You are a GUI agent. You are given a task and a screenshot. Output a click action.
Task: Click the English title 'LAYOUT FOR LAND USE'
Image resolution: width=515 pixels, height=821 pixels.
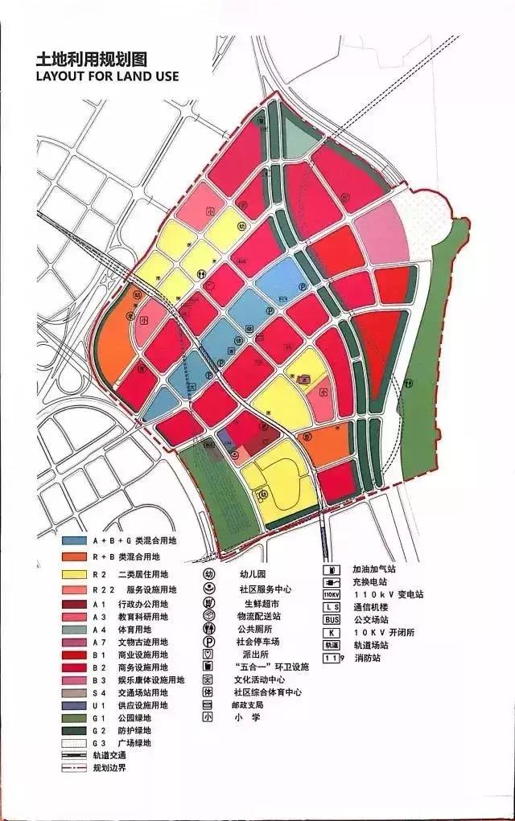(x=106, y=76)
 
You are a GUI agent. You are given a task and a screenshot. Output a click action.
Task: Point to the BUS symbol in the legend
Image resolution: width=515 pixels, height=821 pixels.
(x=332, y=619)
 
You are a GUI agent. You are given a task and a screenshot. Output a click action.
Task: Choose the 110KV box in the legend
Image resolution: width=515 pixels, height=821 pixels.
(x=332, y=594)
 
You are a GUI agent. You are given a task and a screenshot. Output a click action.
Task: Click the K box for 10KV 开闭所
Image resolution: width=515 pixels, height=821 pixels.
(x=332, y=632)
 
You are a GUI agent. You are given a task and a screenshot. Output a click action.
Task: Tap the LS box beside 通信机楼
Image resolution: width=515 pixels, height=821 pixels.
(x=332, y=607)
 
